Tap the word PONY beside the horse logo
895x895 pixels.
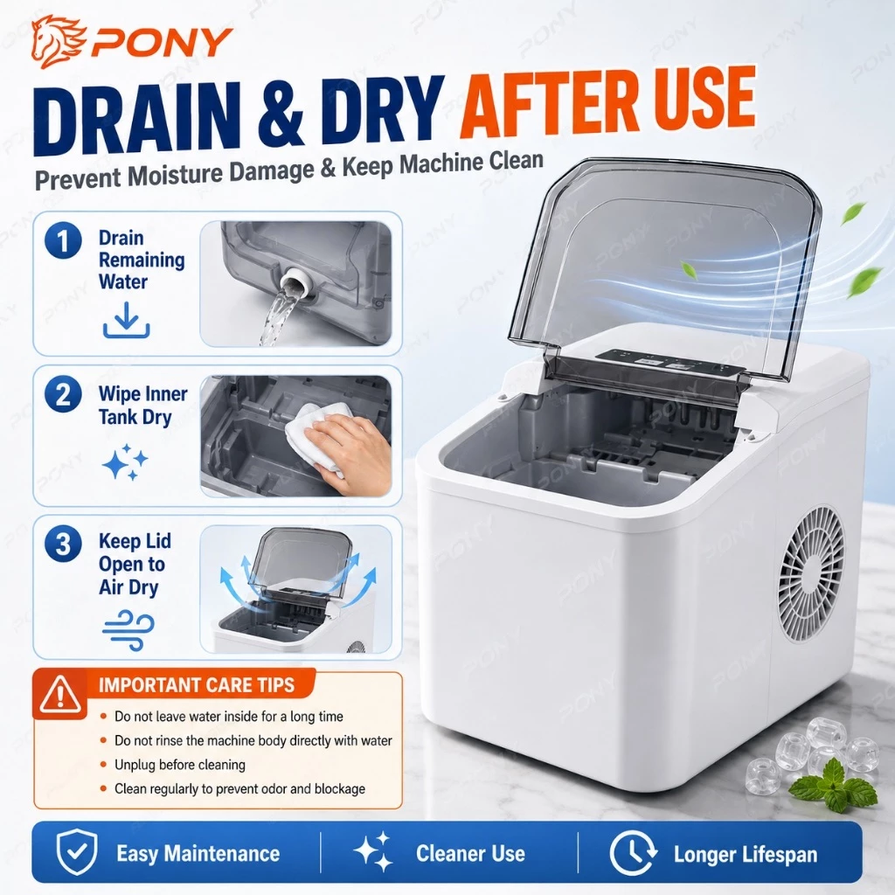162,42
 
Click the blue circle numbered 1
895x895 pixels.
63,240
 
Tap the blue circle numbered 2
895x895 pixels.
63,395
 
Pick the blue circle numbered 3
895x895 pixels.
63,544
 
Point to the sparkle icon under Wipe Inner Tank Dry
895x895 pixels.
125,461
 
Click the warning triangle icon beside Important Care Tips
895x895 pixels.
60,695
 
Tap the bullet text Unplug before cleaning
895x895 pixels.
180,765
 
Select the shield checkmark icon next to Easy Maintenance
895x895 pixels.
77,852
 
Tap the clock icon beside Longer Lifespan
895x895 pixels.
633,853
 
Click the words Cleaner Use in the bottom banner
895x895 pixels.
470,853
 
